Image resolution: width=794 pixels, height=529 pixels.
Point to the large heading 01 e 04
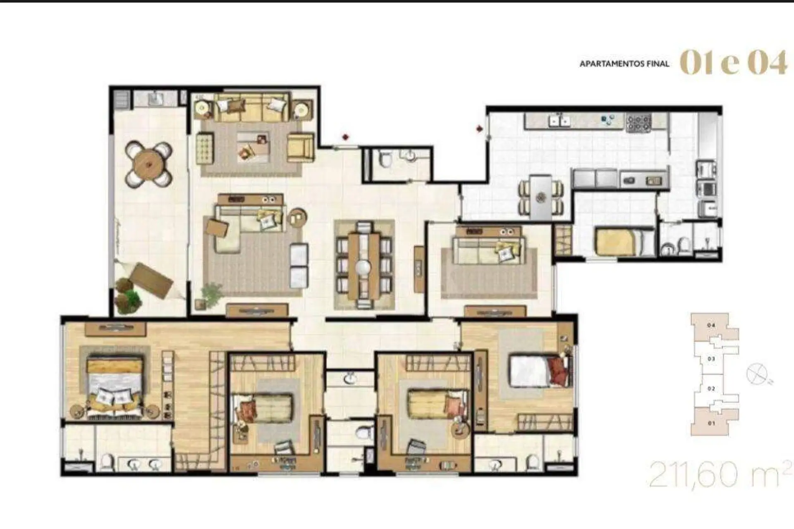coord(733,63)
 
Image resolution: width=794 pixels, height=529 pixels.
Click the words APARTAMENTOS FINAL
coord(624,64)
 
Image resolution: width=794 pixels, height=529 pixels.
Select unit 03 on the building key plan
coord(711,359)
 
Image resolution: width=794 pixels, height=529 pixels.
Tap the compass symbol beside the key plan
coord(757,374)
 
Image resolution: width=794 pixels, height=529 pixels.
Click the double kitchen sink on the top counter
coord(559,121)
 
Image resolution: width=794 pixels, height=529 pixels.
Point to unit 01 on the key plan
coord(711,422)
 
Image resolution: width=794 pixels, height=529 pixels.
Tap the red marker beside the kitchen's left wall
coord(479,129)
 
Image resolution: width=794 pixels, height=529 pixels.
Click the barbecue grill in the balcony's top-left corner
coord(122,99)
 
